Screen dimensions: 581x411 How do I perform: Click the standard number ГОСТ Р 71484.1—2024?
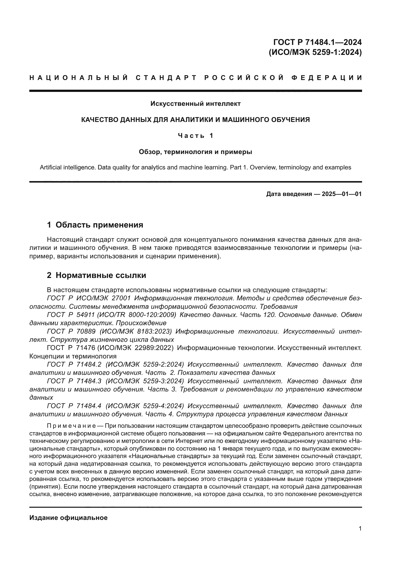tap(318, 42)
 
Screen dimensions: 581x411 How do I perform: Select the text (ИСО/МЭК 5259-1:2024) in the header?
tap(315, 52)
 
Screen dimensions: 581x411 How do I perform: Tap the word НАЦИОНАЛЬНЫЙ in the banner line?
tap(79, 78)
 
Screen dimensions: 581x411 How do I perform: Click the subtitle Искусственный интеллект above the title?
tap(195, 104)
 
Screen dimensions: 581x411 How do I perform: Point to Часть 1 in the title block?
tap(195, 136)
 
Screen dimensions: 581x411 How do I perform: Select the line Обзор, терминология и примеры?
tap(195, 152)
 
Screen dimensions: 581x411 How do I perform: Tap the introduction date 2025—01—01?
tap(342, 194)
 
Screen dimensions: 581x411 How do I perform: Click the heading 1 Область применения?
tap(95, 225)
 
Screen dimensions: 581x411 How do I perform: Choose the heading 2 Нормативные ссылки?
tap(96, 275)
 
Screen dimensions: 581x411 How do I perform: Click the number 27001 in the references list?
tap(121, 298)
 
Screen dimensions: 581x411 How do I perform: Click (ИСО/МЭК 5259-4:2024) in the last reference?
tap(145, 406)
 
